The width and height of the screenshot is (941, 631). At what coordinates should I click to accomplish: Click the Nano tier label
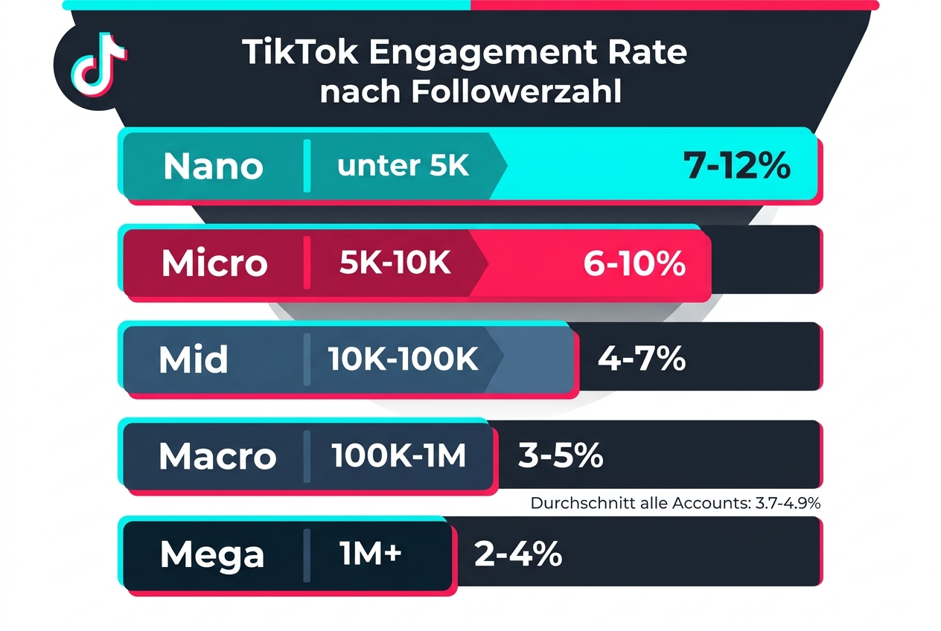point(213,166)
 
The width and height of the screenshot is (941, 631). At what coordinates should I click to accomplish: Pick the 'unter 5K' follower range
point(403,165)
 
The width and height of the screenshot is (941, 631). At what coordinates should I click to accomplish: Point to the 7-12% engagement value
point(736,166)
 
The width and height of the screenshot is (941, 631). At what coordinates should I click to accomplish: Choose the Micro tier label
point(214,263)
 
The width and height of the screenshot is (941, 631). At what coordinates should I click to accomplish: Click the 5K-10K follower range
point(395,263)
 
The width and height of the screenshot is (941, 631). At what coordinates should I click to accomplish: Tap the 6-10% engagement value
point(634,263)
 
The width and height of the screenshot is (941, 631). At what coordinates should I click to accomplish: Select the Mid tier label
point(193,360)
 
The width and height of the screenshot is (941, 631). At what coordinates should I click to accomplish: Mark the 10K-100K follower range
point(403,360)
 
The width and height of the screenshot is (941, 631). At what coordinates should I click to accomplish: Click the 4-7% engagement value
point(641,359)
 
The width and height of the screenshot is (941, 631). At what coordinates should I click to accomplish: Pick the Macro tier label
point(217,456)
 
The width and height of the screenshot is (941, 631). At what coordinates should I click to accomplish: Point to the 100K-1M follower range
point(399,456)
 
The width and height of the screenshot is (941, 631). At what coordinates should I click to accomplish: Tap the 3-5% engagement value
point(560,456)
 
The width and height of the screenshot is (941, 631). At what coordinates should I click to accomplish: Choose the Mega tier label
point(211,554)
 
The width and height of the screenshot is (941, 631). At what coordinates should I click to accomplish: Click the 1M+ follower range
point(371,554)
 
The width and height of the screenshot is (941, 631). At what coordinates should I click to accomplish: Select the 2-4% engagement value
point(517,554)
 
